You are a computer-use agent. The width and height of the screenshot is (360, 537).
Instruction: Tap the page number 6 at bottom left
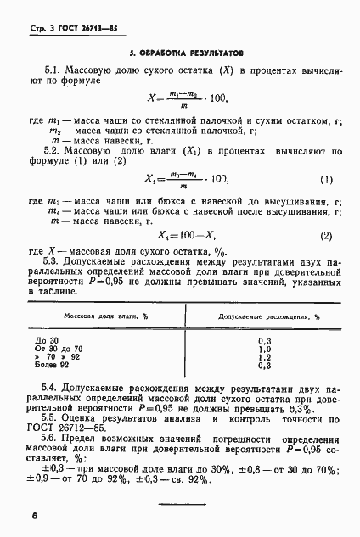coord(33,515)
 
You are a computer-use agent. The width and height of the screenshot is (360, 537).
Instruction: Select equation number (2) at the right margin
coord(326,235)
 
